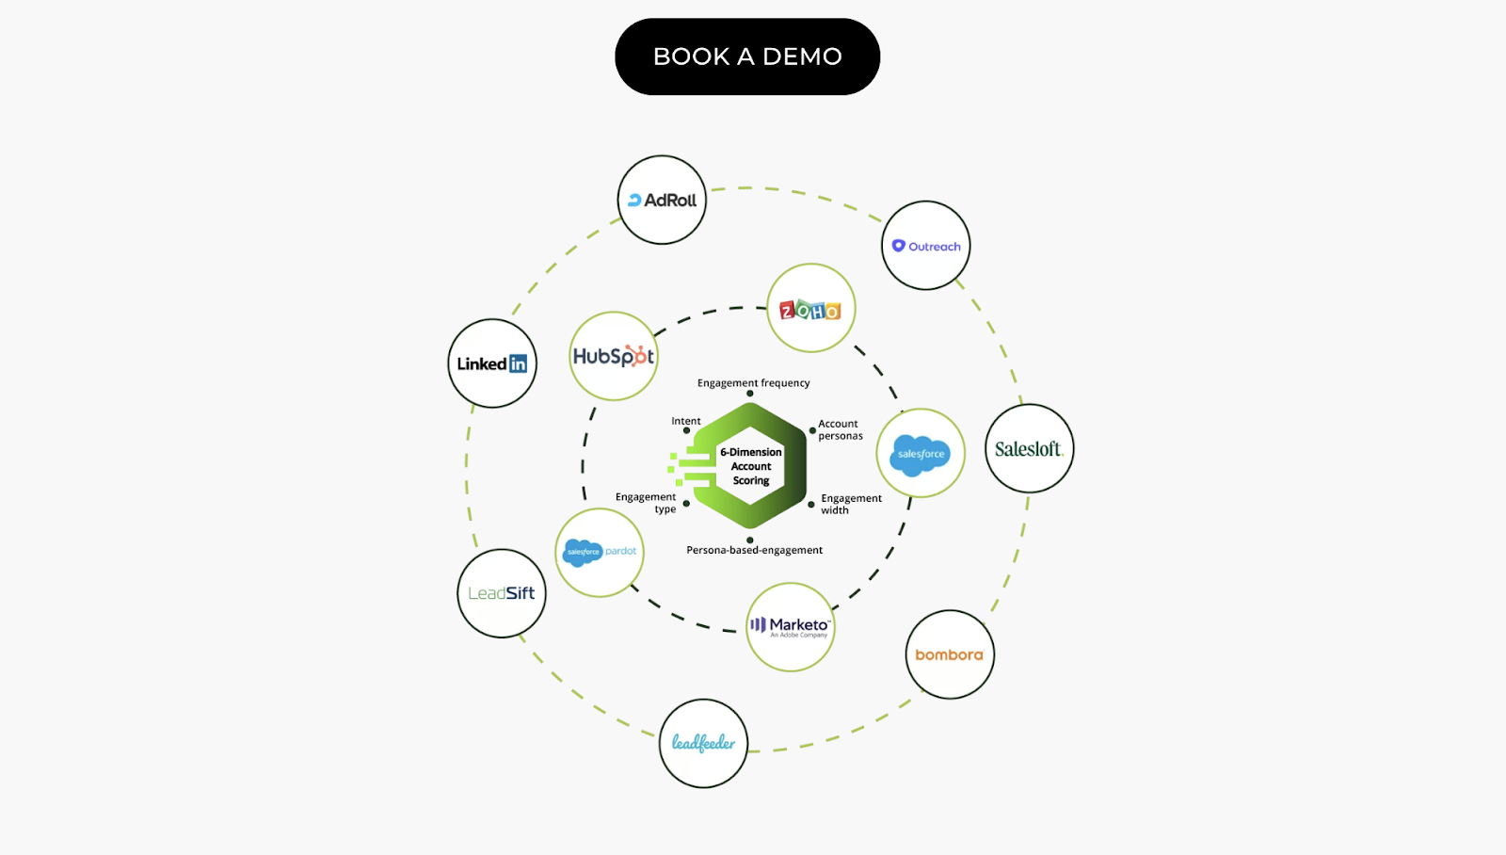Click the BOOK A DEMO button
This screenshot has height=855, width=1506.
point(747,56)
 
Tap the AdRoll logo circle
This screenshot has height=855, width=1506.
point(662,200)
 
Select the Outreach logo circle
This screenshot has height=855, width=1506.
point(926,246)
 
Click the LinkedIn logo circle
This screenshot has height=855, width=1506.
point(492,363)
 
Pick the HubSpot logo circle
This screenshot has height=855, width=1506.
point(614,356)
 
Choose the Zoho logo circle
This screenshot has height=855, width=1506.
point(810,309)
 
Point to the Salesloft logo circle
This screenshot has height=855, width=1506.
point(1029,449)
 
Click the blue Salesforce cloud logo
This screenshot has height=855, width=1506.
point(921,454)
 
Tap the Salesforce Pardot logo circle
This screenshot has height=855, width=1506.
point(600,552)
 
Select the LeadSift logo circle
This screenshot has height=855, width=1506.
point(502,593)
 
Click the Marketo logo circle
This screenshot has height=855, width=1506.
point(791,626)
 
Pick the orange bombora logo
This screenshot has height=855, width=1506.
point(949,654)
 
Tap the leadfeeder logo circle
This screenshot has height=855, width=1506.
point(703,743)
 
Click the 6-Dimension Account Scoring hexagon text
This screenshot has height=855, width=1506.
point(751,466)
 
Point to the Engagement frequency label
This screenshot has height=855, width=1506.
point(753,383)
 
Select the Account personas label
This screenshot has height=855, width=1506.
point(840,429)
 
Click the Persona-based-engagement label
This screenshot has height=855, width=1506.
point(754,550)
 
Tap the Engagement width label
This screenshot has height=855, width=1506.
point(851,504)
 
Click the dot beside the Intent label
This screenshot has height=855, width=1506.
point(686,430)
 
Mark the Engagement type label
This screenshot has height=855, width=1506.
point(647,503)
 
